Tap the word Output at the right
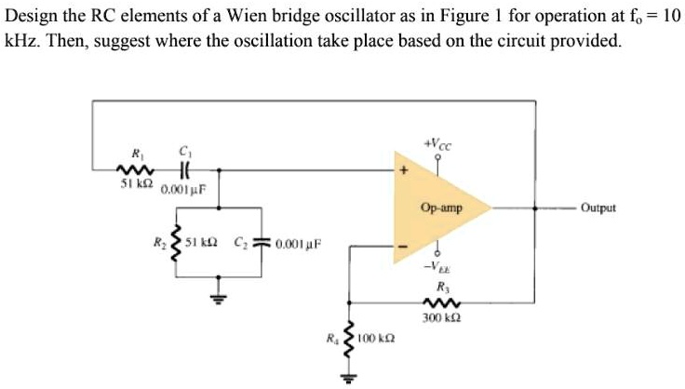coord(598,208)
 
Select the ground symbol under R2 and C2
coord(218,298)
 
